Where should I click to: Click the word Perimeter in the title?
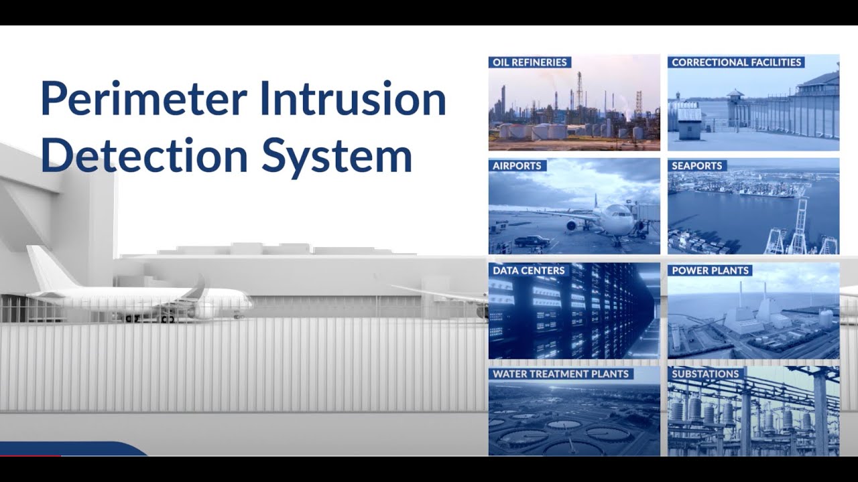[x=142, y=98]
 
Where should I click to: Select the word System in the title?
[x=336, y=155]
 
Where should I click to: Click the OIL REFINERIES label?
[x=530, y=62]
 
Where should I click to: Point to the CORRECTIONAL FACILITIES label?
[x=736, y=62]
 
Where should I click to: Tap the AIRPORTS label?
[x=516, y=165]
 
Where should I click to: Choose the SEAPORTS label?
[x=696, y=165]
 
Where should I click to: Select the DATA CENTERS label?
[x=529, y=270]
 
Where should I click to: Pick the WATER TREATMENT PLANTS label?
[x=560, y=374]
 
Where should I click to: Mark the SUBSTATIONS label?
[x=705, y=374]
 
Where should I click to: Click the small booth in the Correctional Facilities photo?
[x=689, y=123]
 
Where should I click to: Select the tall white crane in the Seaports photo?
[x=800, y=221]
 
